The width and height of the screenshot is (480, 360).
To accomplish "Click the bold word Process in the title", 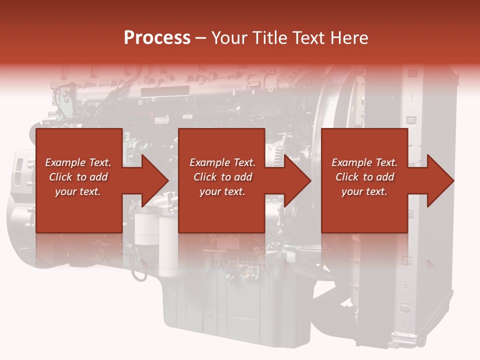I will [157, 38].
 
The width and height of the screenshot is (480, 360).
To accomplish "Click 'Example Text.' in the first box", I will [78, 162].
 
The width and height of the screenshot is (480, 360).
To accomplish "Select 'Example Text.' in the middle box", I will [222, 162].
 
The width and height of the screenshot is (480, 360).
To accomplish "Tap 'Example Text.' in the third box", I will [364, 162].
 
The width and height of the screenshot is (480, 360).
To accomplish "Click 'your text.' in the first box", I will [78, 191].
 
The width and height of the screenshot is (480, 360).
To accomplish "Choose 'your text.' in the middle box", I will [222, 191].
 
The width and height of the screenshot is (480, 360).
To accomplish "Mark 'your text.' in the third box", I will [364, 191].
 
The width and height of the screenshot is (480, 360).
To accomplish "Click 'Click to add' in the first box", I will [78, 177].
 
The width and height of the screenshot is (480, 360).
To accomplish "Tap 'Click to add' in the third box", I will [364, 177].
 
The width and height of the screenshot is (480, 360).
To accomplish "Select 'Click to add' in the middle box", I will [222, 177].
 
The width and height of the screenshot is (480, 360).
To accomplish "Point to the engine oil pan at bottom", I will [235, 305].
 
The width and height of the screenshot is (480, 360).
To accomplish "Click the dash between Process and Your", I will [201, 38].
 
